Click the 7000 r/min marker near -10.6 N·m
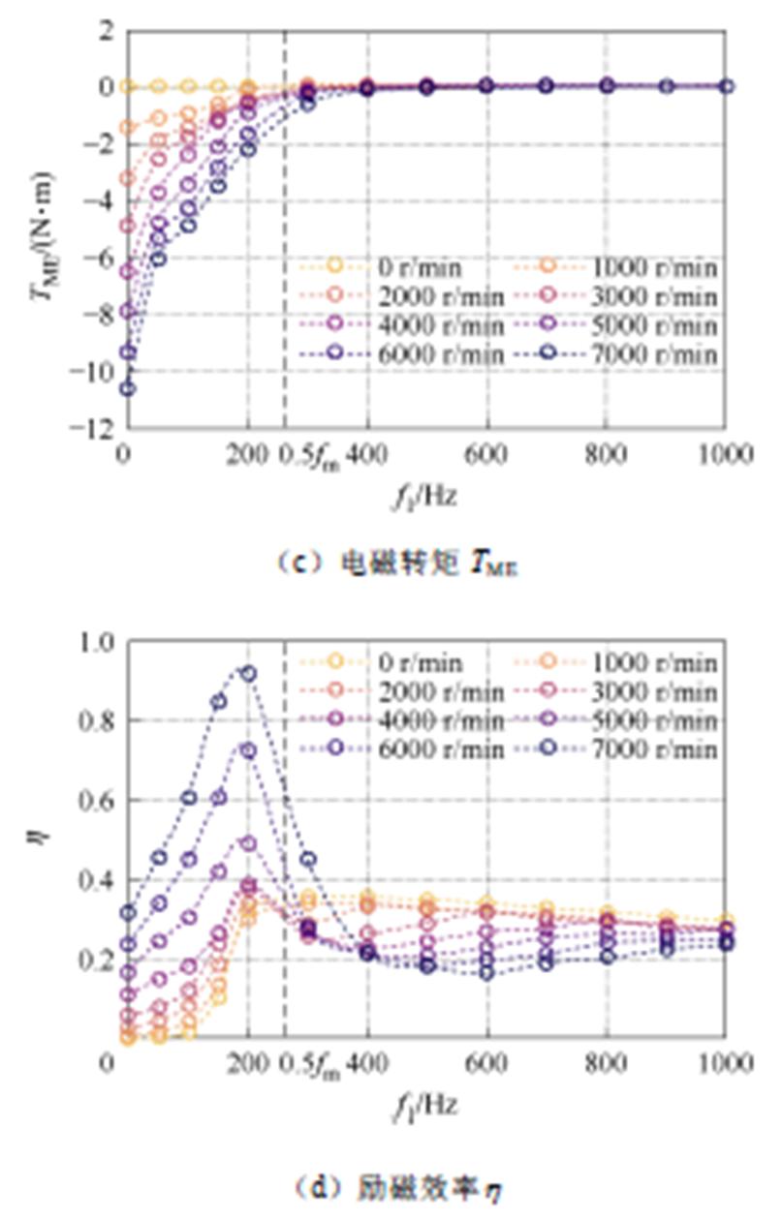tap(128, 388)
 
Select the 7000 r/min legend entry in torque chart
tap(640, 355)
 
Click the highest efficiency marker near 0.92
tap(248, 673)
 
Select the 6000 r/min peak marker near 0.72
tap(248, 750)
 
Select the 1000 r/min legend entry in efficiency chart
tap(640, 663)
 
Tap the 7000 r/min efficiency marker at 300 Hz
tap(308, 859)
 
